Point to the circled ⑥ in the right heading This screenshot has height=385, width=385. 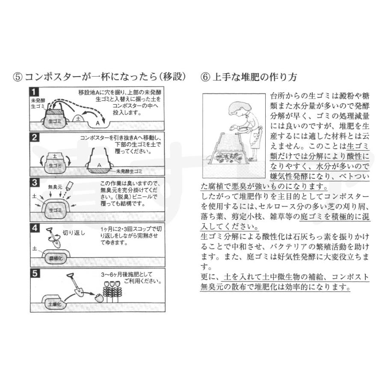[205, 77]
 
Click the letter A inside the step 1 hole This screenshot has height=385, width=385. [98, 123]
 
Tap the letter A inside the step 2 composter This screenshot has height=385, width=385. [99, 164]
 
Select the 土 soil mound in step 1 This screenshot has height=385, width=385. [78, 119]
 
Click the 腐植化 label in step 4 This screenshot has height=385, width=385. [56, 258]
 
